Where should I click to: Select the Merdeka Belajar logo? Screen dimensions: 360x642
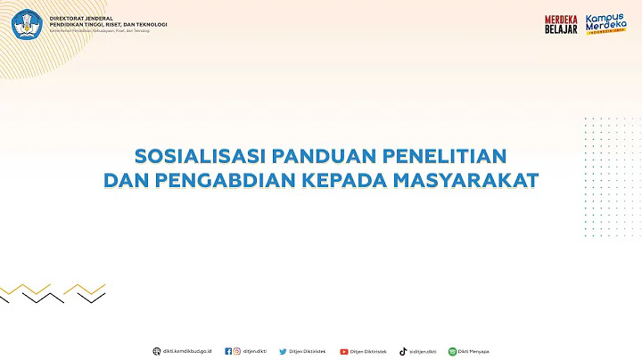(x=562, y=24)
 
